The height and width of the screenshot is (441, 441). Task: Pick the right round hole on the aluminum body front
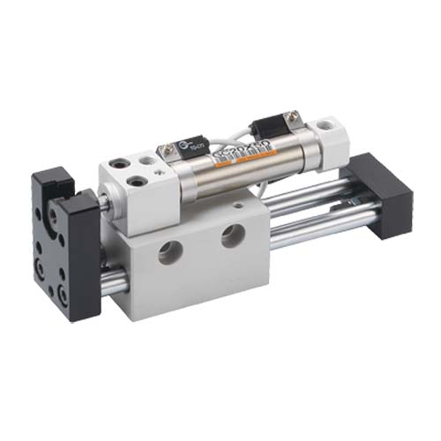[x=234, y=235]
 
